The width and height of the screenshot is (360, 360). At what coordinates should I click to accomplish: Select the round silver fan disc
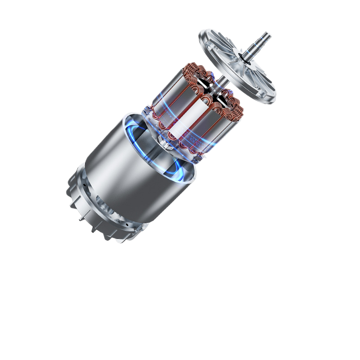pyautogui.click(x=238, y=65)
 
